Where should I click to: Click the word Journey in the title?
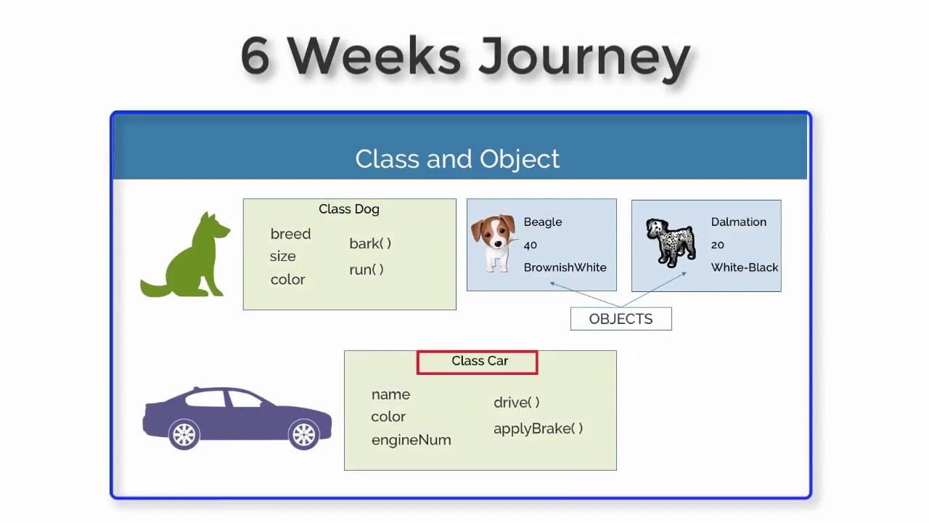click(x=584, y=57)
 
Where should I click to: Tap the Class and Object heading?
click(x=457, y=159)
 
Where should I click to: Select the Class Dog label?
click(x=348, y=209)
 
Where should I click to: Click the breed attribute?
click(x=290, y=234)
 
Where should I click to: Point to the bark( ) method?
click(x=370, y=243)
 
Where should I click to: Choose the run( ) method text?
click(x=367, y=269)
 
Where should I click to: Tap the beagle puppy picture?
click(x=494, y=243)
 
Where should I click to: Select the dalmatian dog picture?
click(x=670, y=243)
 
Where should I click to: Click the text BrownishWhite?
click(x=565, y=267)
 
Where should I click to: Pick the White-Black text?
click(x=745, y=267)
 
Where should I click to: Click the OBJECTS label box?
click(x=621, y=319)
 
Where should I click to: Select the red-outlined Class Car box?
click(x=478, y=362)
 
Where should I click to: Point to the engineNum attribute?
click(x=411, y=440)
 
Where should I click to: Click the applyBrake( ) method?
click(x=538, y=429)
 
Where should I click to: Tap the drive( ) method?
click(x=516, y=402)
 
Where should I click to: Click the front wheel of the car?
click(x=303, y=434)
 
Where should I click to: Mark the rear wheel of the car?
click(x=184, y=434)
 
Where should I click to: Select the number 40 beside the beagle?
click(x=530, y=245)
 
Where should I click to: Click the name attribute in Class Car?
click(x=390, y=394)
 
